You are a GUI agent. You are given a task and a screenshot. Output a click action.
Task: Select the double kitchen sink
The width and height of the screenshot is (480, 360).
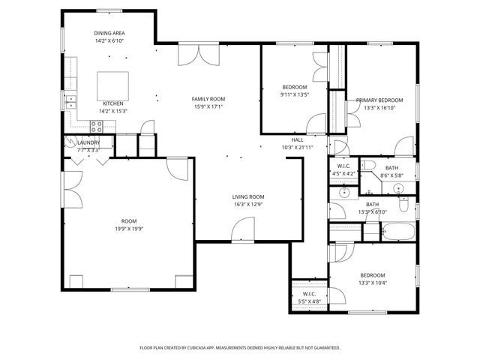[71, 101]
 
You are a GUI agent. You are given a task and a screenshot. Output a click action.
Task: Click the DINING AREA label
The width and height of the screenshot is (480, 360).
[109, 34]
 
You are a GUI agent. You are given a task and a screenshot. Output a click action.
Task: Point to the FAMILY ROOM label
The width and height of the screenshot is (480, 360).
[208, 99]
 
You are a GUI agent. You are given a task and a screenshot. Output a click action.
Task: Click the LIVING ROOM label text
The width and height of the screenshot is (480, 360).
[247, 196]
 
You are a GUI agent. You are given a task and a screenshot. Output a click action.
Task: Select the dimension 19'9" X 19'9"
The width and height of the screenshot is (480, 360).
[129, 229]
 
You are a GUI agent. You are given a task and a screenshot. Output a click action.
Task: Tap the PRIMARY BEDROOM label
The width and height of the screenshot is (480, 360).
[379, 100]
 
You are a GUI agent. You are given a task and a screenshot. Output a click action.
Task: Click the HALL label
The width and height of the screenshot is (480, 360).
[297, 139]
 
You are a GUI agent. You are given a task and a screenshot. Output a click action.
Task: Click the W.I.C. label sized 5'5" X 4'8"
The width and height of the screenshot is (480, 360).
[308, 294]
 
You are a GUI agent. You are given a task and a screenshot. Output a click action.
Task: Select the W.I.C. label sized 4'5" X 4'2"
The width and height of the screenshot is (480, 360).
[344, 166]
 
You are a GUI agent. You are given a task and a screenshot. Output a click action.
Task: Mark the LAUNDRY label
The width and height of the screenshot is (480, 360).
[88, 142]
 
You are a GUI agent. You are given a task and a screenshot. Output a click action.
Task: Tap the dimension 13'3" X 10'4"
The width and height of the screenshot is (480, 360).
[372, 283]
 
